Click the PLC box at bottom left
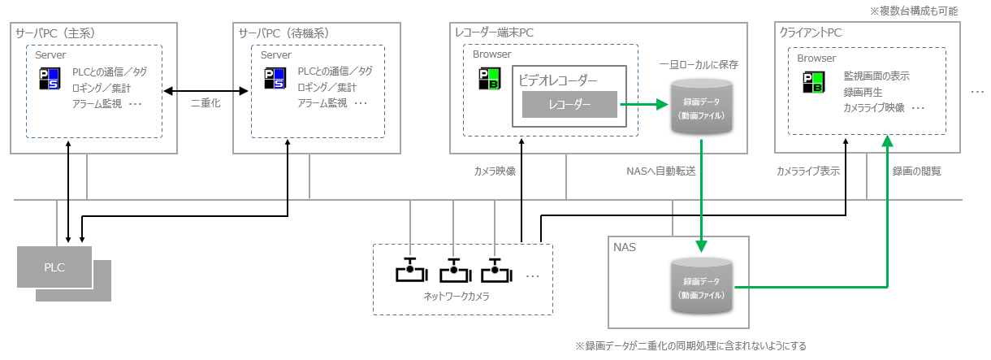click(54, 267)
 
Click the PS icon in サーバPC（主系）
click(49, 79)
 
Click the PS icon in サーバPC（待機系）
click(275, 79)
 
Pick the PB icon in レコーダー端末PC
click(488, 79)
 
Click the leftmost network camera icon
click(409, 271)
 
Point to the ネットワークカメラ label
click(457, 297)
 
